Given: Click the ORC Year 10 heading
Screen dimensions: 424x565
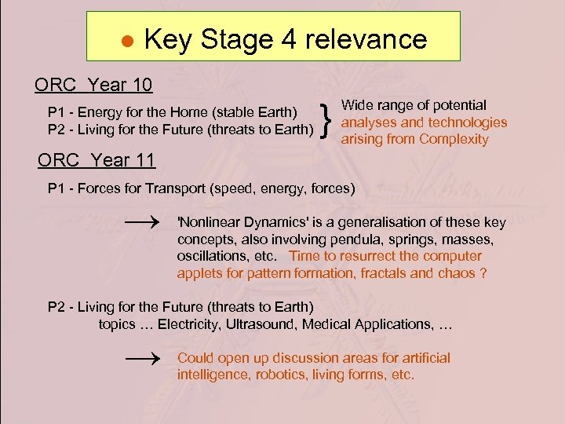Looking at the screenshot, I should [x=93, y=84].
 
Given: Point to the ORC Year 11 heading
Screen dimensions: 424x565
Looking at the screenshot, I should [x=97, y=161].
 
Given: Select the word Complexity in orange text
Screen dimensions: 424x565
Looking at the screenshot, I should [x=454, y=140].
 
